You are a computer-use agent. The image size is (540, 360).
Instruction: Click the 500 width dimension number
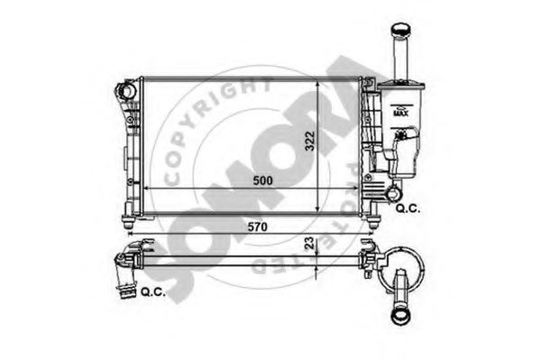coord(262,180)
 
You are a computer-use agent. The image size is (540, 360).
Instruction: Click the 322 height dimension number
coord(310,141)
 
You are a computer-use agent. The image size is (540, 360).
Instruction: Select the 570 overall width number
coord(257,226)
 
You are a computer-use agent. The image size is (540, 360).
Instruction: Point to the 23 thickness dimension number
coord(310,243)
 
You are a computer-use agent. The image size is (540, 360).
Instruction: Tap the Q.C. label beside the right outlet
coord(407,208)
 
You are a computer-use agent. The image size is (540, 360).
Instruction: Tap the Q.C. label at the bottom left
coord(153,291)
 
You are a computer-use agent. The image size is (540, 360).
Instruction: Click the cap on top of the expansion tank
coord(400,29)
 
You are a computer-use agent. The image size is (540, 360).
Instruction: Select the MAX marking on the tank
coord(400,113)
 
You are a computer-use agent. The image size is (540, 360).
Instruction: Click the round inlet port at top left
coord(126,91)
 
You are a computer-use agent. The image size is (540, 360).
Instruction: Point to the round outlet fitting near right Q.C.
coord(393,193)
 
